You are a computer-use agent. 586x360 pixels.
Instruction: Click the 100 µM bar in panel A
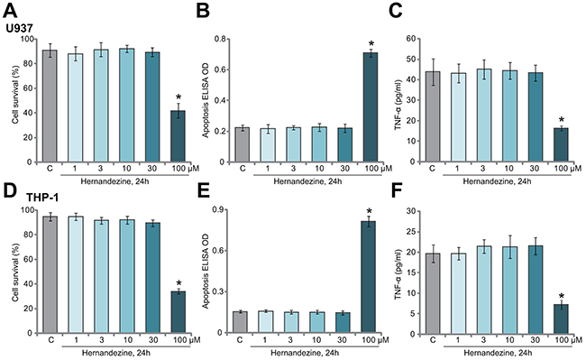click(178, 136)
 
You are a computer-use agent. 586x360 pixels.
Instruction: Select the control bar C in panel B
click(243, 144)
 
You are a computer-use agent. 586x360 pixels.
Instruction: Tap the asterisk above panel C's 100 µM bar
click(561, 120)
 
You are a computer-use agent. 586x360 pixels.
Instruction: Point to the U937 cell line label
click(20, 28)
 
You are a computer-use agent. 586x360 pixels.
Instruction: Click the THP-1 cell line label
click(42, 198)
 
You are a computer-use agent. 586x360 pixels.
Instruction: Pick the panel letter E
click(203, 194)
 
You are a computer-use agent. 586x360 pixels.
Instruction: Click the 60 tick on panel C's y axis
click(410, 39)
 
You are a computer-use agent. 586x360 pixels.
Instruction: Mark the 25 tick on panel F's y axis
click(410, 231)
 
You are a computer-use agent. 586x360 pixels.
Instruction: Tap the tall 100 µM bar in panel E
click(368, 277)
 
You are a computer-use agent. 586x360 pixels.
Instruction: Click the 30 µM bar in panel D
click(153, 277)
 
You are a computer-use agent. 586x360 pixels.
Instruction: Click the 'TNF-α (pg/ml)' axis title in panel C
click(398, 105)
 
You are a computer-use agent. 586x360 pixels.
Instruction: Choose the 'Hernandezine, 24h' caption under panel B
click(307, 181)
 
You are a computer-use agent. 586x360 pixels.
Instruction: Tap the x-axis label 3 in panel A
click(101, 169)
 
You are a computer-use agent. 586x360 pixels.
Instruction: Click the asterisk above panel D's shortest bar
click(179, 283)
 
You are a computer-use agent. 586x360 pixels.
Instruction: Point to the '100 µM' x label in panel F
click(565, 340)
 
